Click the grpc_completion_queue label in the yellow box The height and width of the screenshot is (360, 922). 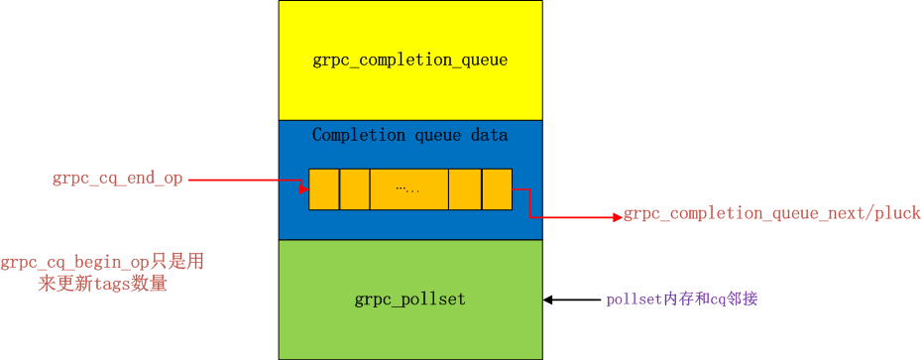tap(410, 60)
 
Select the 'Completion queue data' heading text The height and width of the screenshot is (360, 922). tap(409, 135)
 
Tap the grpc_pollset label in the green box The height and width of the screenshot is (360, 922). tap(409, 299)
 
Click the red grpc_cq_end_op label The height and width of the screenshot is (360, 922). tap(117, 180)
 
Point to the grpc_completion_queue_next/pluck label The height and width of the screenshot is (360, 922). tap(771, 214)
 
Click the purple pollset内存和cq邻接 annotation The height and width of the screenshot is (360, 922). tap(682, 300)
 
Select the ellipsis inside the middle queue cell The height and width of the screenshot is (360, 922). tap(407, 188)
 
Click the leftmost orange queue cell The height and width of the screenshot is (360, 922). tap(323, 188)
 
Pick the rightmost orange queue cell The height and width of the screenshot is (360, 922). tap(497, 188)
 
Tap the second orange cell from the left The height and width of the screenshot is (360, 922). tap(354, 188)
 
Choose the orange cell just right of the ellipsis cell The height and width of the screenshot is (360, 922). tap(464, 188)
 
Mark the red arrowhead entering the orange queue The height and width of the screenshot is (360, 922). tap(303, 185)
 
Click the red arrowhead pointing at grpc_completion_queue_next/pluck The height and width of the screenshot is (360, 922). tap(617, 215)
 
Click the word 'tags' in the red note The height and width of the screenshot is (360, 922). tap(85, 285)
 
